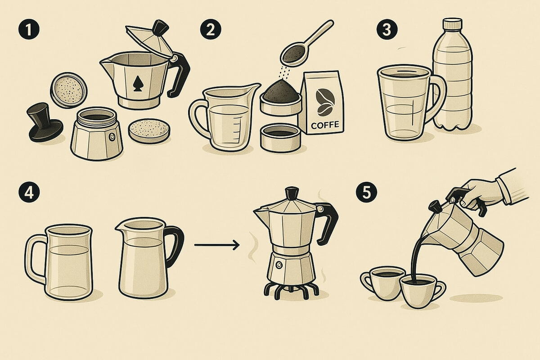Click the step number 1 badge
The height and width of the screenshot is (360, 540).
tap(29, 29)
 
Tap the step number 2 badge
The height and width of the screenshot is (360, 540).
tap(211, 29)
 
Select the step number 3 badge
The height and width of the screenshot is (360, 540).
tap(387, 29)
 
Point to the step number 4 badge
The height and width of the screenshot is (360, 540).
tap(29, 193)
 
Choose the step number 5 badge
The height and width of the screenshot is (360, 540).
tap(366, 193)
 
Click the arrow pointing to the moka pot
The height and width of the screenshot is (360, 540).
tap(217, 245)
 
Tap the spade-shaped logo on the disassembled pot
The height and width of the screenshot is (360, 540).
tap(138, 84)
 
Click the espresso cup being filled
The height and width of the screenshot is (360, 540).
tap(423, 291)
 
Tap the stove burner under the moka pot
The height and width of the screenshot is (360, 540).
tap(291, 290)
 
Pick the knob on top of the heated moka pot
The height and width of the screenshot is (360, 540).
tap(292, 193)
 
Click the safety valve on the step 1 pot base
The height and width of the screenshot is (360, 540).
tap(112, 136)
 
